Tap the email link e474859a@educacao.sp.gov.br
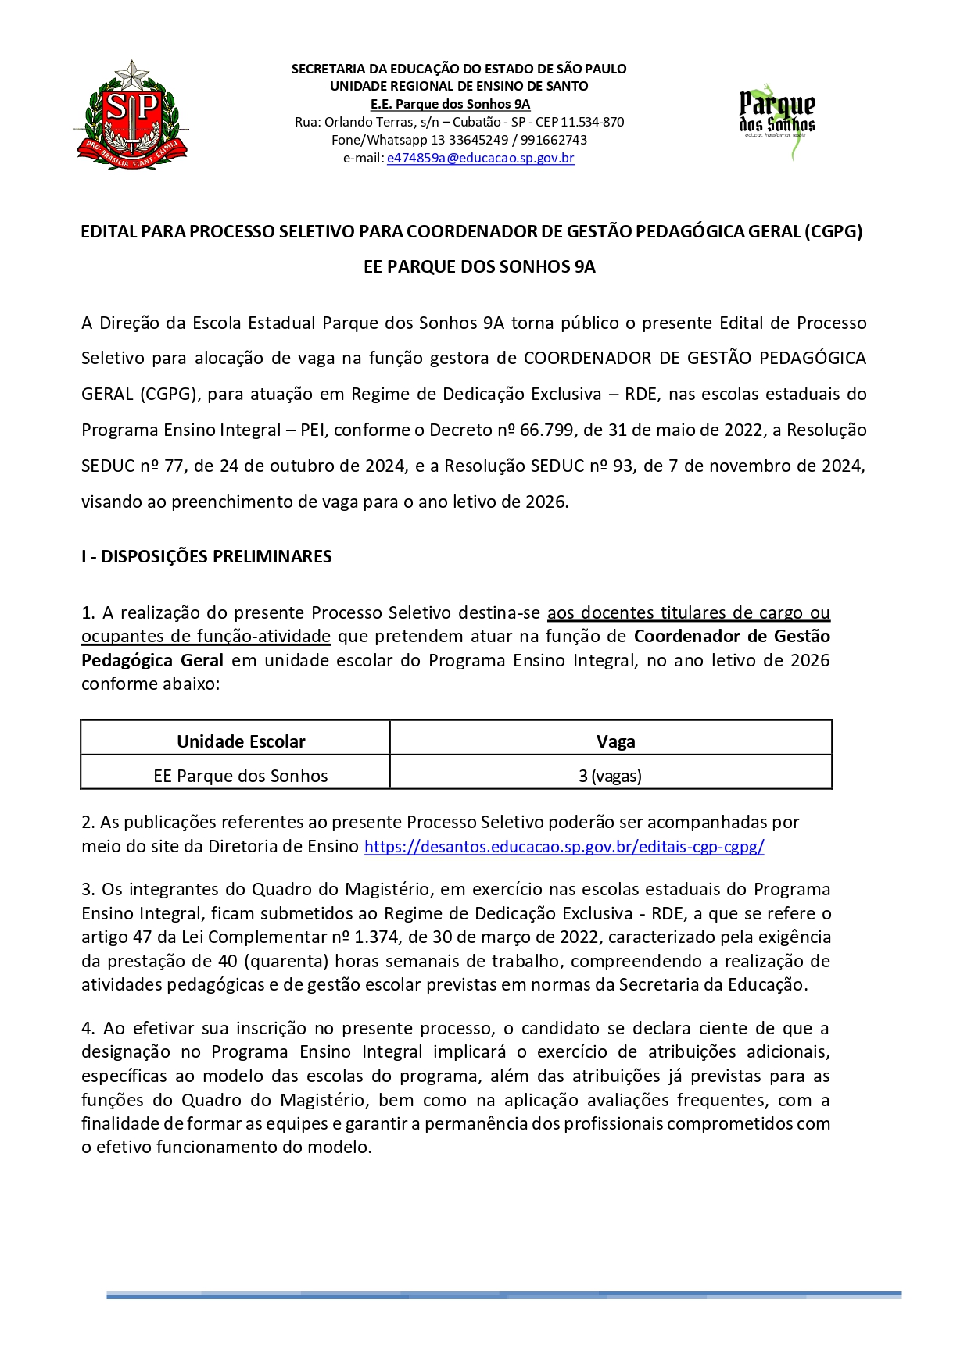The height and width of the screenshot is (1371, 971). (x=480, y=158)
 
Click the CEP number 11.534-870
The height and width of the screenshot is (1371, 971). (x=593, y=122)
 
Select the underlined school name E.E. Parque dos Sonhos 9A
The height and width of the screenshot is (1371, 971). (x=450, y=104)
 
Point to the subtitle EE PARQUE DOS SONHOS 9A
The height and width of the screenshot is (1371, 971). (x=479, y=267)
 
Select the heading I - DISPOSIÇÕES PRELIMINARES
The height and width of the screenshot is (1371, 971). (x=206, y=556)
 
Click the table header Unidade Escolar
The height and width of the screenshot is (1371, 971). (x=241, y=741)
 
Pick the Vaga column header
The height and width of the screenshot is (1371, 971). (x=615, y=741)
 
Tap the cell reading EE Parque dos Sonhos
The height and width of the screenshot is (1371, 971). (x=241, y=776)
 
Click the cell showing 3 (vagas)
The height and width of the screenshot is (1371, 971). (x=610, y=776)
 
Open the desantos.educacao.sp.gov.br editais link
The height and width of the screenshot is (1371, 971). (x=564, y=846)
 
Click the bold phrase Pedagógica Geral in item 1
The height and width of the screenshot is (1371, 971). (x=152, y=660)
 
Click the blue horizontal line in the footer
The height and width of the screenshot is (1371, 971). (x=503, y=1295)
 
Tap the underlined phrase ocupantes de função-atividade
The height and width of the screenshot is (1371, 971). (x=206, y=637)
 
